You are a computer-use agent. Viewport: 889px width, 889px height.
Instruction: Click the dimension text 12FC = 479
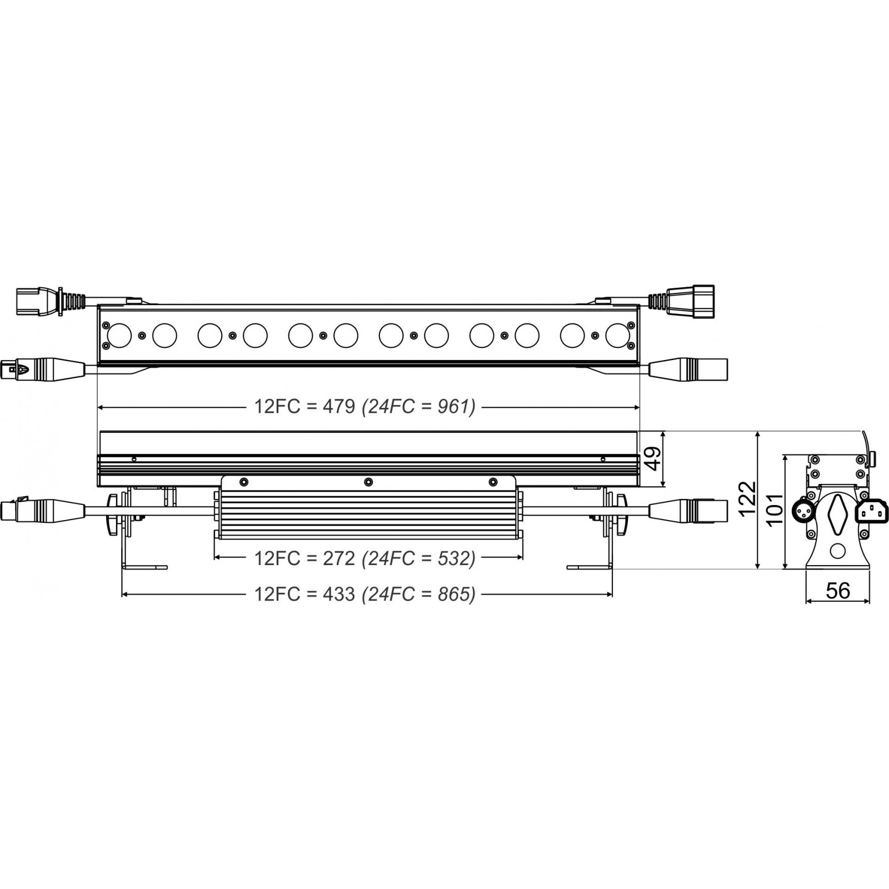[x=304, y=407]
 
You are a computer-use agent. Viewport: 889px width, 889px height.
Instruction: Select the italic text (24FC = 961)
[x=418, y=407]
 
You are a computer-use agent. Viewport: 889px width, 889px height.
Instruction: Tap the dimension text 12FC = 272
[x=304, y=558]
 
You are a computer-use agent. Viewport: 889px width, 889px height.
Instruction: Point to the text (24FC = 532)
[x=418, y=558]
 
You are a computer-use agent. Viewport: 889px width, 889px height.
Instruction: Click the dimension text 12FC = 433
[x=304, y=594]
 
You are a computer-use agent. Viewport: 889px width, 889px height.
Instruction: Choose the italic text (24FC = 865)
[x=418, y=594]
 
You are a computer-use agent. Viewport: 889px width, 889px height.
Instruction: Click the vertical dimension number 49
[x=654, y=458]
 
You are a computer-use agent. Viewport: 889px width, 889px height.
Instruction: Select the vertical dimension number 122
[x=748, y=498]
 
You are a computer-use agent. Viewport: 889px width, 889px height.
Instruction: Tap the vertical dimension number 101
[x=774, y=508]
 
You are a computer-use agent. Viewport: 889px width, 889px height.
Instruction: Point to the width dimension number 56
[x=837, y=590]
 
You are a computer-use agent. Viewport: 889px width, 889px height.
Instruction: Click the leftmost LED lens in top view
[x=119, y=336]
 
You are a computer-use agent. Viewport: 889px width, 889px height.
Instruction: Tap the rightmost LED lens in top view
[x=618, y=336]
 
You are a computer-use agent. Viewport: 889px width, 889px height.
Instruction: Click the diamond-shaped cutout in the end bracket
[x=837, y=512]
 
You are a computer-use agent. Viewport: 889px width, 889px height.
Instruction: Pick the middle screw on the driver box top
[x=368, y=482]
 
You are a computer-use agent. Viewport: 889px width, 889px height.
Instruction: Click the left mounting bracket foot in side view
[x=144, y=567]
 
